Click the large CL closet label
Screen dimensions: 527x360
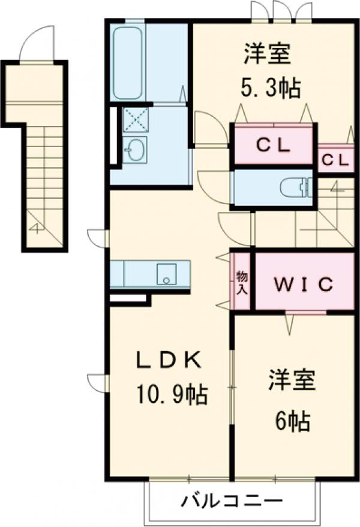click(x=274, y=144)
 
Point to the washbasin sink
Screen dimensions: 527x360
click(x=135, y=148)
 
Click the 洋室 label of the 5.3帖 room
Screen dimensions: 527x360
click(x=267, y=53)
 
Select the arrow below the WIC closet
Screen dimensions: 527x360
click(x=289, y=324)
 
